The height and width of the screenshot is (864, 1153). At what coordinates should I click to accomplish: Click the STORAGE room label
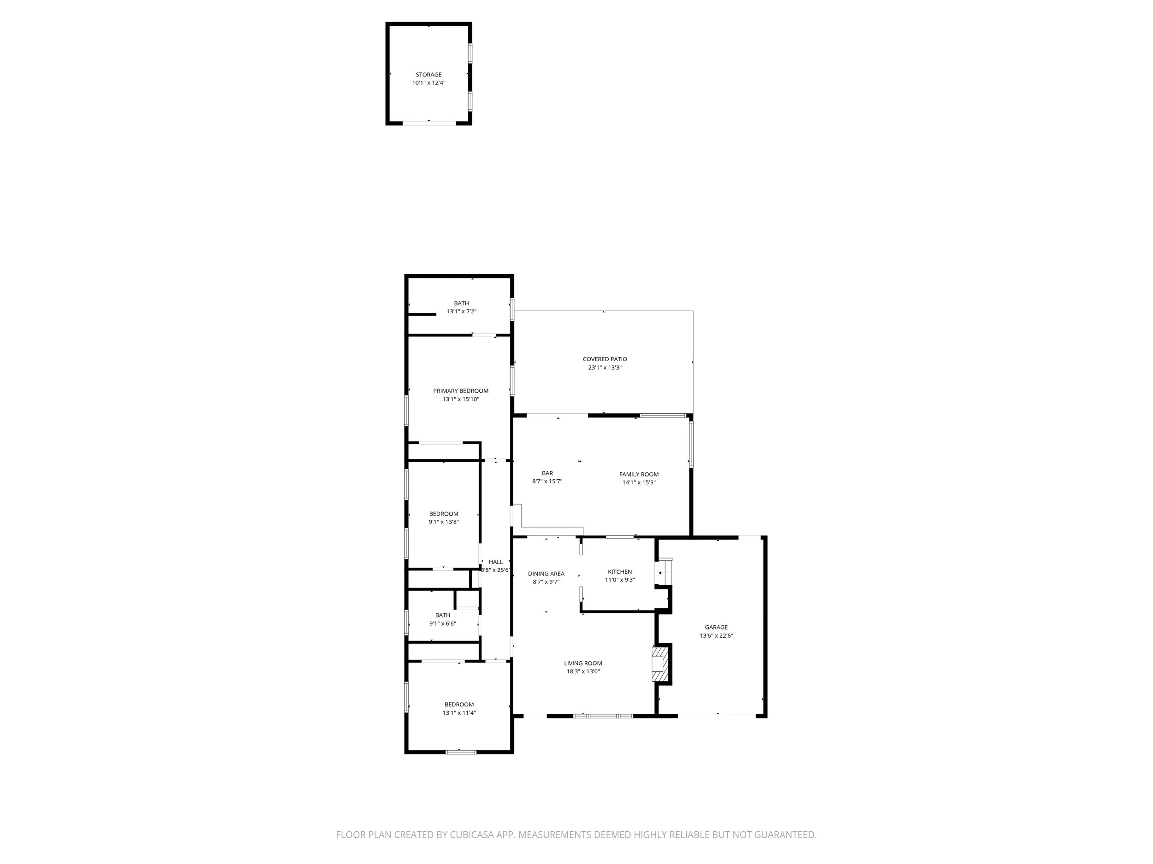click(x=428, y=75)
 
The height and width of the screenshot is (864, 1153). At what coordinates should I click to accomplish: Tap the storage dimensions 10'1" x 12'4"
click(x=428, y=83)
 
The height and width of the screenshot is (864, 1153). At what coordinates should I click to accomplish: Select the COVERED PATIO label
click(x=605, y=359)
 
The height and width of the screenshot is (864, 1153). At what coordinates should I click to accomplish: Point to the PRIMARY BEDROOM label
click(x=460, y=391)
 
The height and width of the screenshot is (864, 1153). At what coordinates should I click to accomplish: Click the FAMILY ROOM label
click(x=638, y=474)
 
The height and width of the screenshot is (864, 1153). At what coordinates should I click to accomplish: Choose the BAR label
click(x=547, y=473)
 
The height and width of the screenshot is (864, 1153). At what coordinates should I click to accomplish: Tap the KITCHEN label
click(x=620, y=571)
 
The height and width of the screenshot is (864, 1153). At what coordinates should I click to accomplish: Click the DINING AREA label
click(x=546, y=573)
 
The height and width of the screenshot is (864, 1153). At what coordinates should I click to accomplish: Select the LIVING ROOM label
click(x=583, y=663)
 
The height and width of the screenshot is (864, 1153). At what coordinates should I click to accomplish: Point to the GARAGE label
click(x=716, y=627)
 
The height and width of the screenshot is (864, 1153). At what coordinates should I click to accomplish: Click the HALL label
click(x=496, y=561)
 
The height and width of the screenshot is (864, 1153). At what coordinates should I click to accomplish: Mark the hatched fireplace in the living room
click(x=660, y=664)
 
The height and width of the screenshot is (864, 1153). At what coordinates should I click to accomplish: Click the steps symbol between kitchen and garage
click(x=664, y=572)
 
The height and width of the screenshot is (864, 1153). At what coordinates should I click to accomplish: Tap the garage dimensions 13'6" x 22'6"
click(x=716, y=635)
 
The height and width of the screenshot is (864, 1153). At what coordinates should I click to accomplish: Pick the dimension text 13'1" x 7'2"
click(x=461, y=312)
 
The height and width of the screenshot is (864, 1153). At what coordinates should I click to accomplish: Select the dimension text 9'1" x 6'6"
click(x=443, y=623)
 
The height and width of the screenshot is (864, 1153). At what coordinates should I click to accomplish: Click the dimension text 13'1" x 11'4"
click(x=459, y=713)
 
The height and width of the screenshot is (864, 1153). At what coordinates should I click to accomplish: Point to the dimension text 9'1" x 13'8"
click(x=444, y=522)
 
